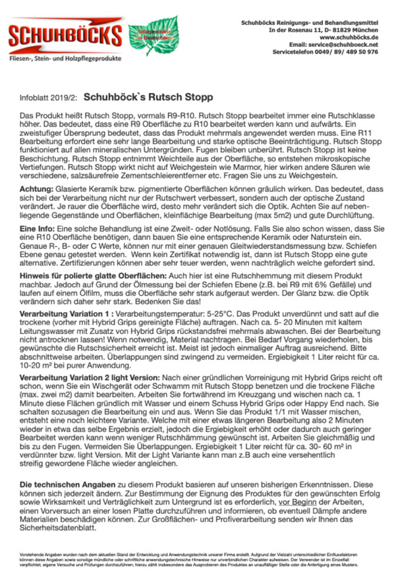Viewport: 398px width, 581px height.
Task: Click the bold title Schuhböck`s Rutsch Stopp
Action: [148, 97]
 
